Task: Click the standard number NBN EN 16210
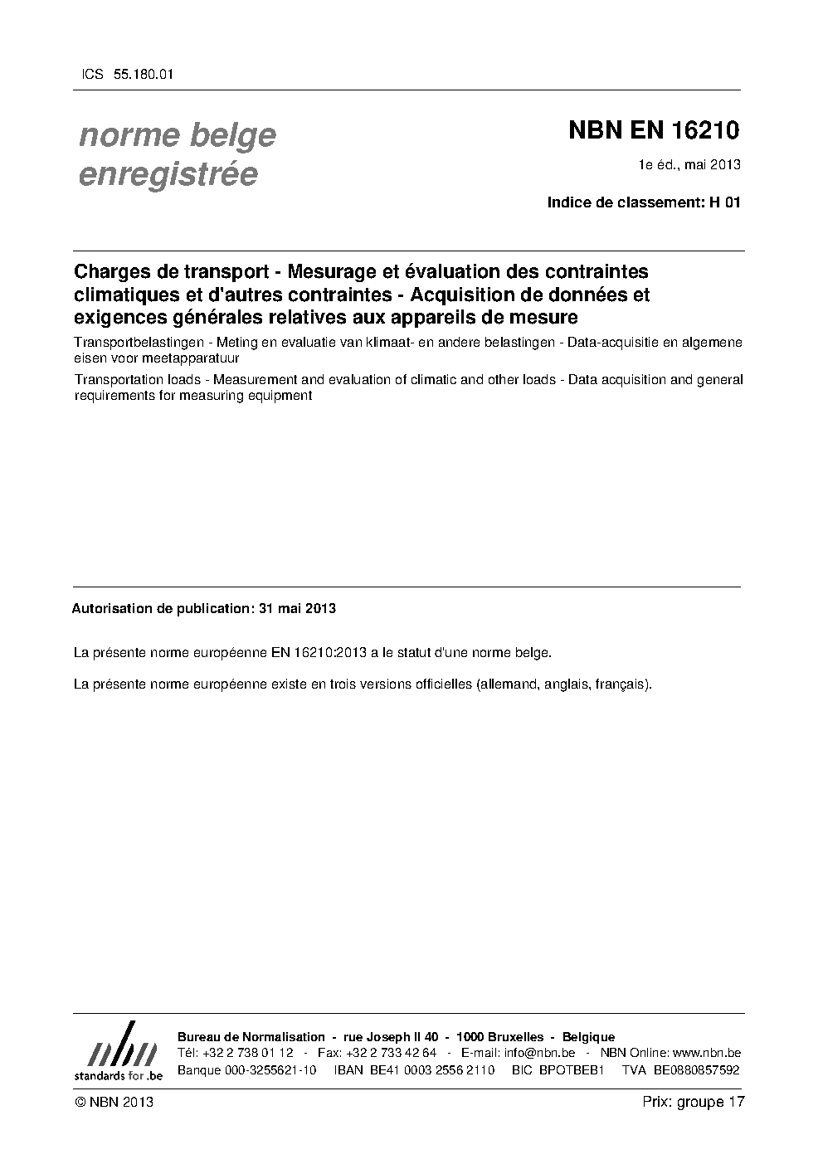point(654,131)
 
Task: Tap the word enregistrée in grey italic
point(168,174)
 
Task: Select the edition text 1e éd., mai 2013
point(689,164)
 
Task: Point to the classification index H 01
point(724,202)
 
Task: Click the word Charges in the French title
point(111,271)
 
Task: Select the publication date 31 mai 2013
point(297,608)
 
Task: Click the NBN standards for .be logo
point(118,1051)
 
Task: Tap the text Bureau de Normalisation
point(251,1037)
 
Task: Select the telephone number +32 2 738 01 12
point(247,1053)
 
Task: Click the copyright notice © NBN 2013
point(114,1102)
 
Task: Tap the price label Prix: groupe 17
point(694,1102)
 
